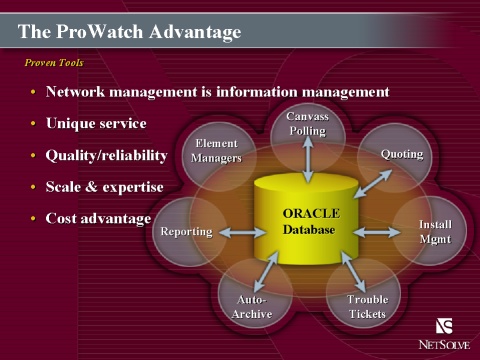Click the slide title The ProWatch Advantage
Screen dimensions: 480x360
tap(129, 32)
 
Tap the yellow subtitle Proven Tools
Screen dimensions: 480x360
tap(54, 63)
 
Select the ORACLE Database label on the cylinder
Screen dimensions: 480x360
tap(311, 222)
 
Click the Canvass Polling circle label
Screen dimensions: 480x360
tap(308, 124)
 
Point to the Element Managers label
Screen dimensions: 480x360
tap(216, 151)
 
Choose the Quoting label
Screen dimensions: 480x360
tap(402, 154)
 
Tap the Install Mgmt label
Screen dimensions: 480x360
tap(435, 232)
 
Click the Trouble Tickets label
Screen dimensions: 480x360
tap(367, 307)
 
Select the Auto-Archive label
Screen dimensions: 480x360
tap(252, 307)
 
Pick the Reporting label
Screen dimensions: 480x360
tap(186, 232)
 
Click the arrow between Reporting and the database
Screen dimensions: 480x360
tap(242, 232)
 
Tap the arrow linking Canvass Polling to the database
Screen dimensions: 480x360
tap(308, 159)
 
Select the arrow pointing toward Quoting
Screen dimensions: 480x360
tap(373, 184)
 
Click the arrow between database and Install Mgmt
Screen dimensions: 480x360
tap(377, 232)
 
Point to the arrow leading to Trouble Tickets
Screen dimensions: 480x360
tap(354, 272)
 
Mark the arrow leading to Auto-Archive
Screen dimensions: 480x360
tap(266, 272)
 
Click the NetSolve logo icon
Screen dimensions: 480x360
tap(444, 326)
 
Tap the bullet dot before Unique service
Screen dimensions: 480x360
tap(33, 123)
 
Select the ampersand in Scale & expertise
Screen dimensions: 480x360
tap(91, 187)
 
